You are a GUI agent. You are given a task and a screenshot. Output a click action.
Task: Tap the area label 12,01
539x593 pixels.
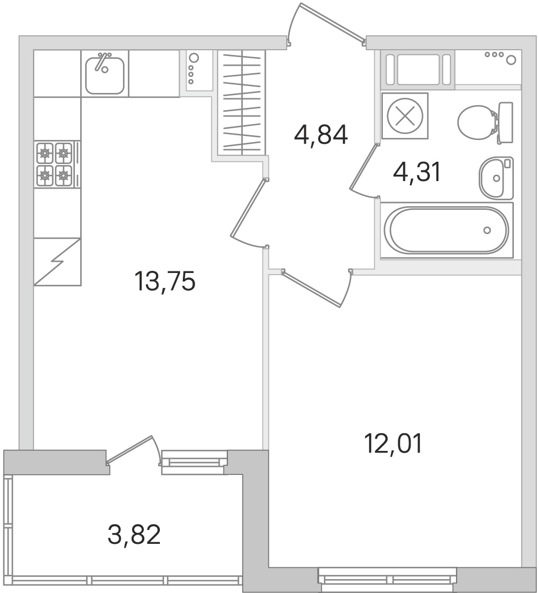point(394,443)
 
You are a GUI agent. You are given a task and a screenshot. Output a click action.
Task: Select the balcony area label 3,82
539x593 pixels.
point(134,534)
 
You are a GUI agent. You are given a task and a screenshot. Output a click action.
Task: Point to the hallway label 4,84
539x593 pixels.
point(321,135)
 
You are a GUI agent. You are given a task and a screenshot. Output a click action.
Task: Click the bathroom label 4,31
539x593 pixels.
point(417,173)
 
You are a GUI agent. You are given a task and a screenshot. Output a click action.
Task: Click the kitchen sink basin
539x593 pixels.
point(105,76)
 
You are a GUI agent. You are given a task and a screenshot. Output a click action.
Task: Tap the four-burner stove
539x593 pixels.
point(54,164)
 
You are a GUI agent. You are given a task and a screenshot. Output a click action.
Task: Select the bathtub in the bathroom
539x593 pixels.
point(447,230)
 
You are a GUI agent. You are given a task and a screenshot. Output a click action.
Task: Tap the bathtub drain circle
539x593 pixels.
point(487,230)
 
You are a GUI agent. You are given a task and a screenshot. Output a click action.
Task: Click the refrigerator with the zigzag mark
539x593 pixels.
point(57,262)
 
